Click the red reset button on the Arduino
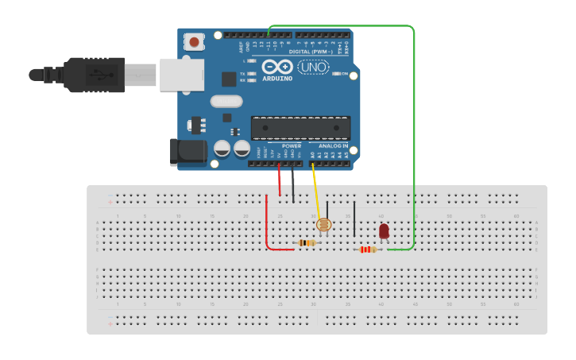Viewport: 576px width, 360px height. click(193, 40)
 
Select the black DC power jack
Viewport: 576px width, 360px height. click(184, 152)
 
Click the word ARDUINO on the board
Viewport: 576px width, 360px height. click(277, 79)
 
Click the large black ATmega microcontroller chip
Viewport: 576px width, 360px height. click(300, 128)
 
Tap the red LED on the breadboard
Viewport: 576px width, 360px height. click(384, 230)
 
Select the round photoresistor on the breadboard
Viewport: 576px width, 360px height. click(324, 225)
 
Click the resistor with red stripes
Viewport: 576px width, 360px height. click(366, 250)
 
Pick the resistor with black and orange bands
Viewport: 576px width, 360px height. click(306, 242)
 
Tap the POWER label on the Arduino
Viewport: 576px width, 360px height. click(292, 146)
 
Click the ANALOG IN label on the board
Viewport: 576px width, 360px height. click(333, 146)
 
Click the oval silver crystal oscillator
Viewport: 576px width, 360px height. click(226, 101)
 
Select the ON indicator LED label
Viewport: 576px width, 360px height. click(345, 75)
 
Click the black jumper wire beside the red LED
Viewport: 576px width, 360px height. click(354, 219)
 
